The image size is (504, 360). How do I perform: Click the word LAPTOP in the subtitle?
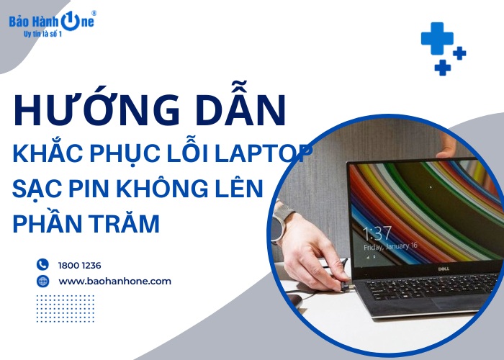274,155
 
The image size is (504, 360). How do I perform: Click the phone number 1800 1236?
80,265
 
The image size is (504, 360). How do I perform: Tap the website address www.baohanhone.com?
115,281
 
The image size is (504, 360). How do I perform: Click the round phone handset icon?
42,265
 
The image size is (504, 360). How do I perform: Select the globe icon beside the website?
42,281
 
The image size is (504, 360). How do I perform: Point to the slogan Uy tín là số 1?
43,34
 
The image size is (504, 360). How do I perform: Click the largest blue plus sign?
436,37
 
